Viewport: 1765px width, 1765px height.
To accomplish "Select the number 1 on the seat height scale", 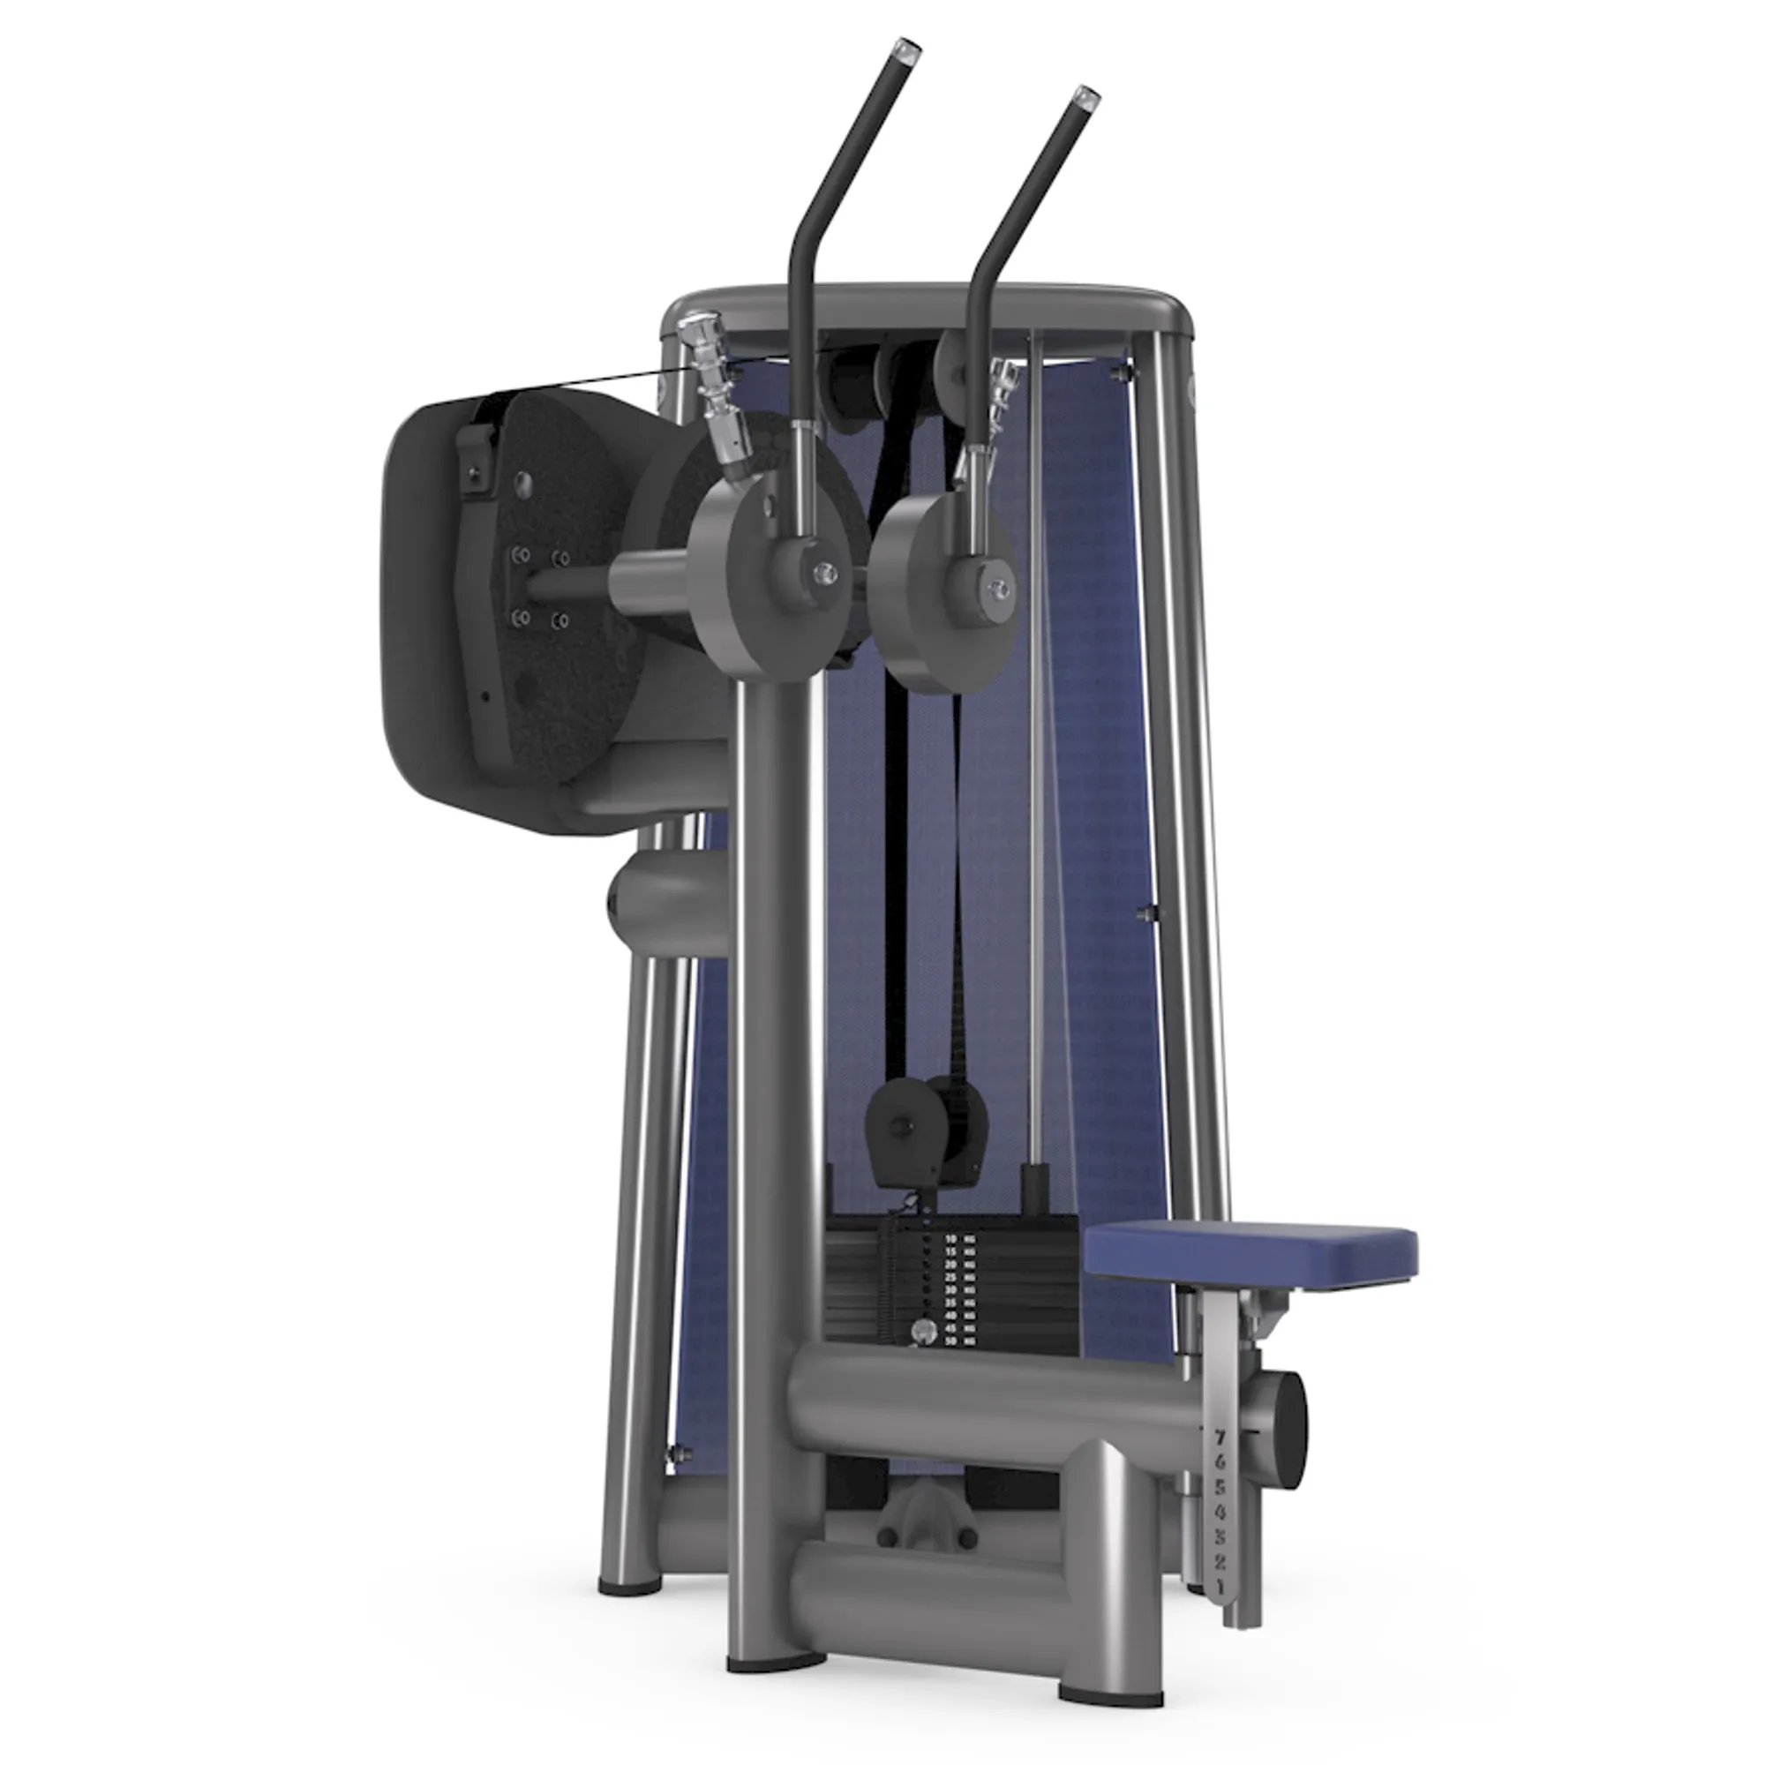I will (1220, 1587).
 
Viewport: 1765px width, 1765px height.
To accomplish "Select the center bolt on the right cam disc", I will (1001, 590).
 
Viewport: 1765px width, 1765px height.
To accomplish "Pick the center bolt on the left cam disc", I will (825, 572).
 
